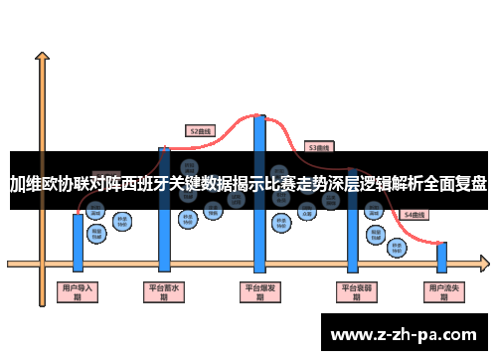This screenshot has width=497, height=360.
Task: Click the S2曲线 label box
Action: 201,130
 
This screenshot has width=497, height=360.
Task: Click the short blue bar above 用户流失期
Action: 441,257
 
